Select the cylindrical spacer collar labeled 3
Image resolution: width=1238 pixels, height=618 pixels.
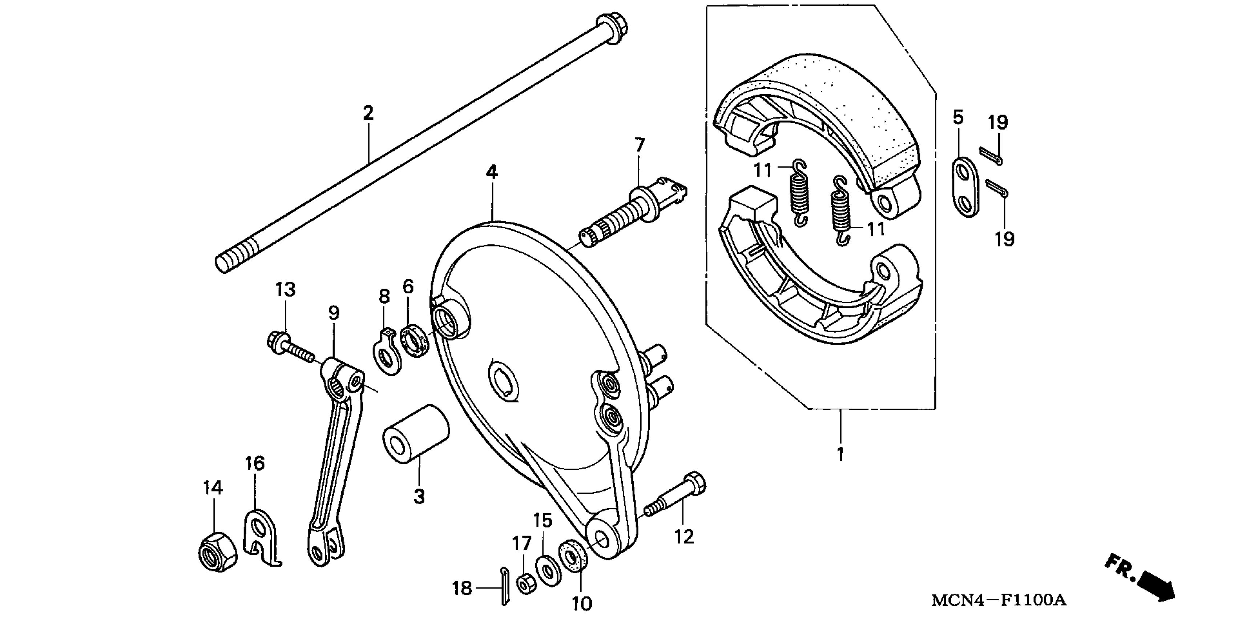coord(416,434)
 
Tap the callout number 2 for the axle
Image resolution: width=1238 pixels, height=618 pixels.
coord(368,113)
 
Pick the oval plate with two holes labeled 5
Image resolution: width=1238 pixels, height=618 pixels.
coord(966,186)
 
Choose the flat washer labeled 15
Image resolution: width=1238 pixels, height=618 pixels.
coord(547,570)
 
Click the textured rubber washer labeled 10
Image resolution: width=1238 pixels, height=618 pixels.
coord(572,558)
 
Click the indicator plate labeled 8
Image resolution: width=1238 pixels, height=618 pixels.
coord(387,351)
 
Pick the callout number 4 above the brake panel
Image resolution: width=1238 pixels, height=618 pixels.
coord(491,172)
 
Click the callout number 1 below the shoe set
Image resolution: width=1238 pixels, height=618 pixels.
coord(840,454)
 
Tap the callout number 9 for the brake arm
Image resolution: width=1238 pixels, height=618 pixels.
coord(333,313)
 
